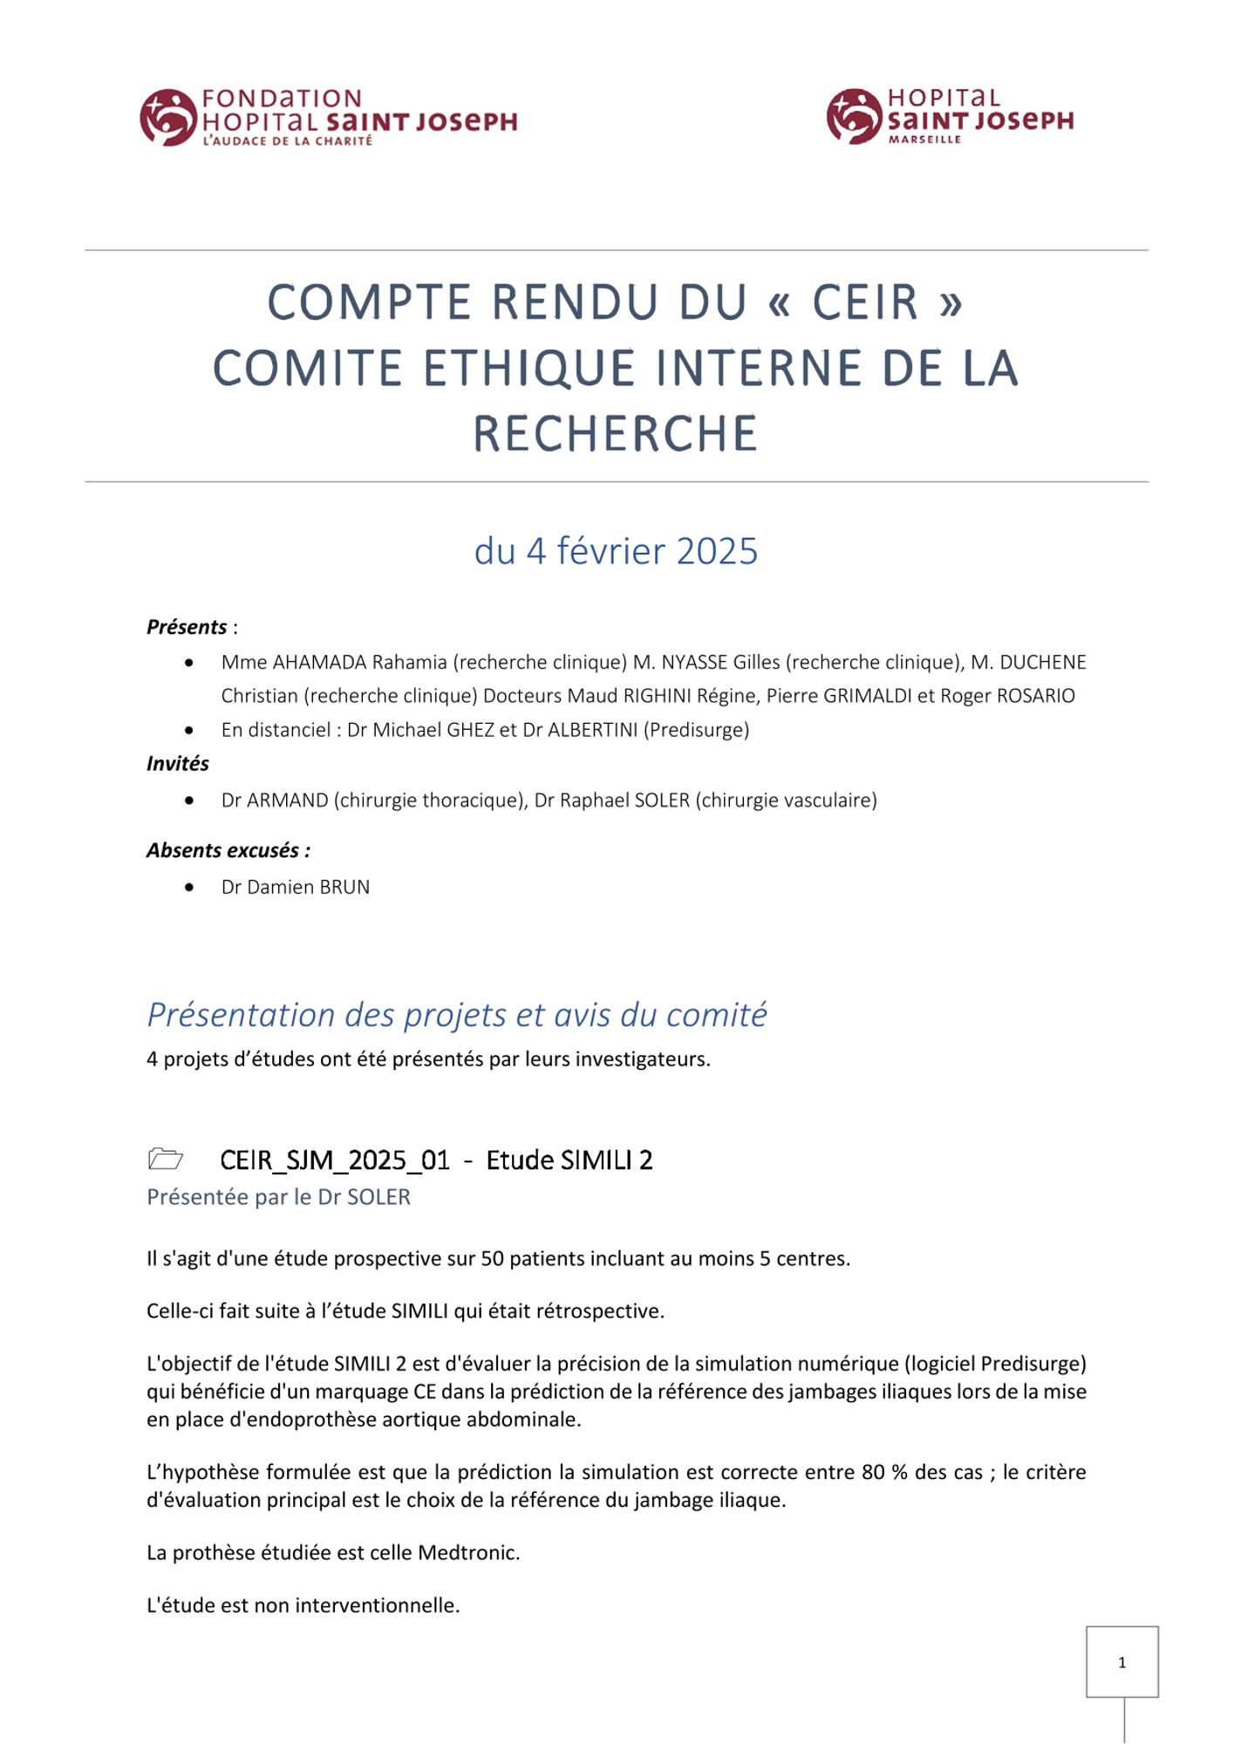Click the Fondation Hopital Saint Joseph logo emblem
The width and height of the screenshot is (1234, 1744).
pyautogui.click(x=167, y=117)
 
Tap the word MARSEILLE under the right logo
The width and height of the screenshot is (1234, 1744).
pyautogui.click(x=924, y=140)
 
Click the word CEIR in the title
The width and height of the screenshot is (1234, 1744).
pyautogui.click(x=865, y=303)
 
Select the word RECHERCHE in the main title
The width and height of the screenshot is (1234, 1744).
pyautogui.click(x=616, y=433)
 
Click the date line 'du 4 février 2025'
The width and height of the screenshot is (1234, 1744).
pyautogui.click(x=616, y=551)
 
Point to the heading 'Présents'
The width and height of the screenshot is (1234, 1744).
pyautogui.click(x=187, y=627)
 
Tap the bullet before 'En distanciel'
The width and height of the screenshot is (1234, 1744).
pyautogui.click(x=189, y=730)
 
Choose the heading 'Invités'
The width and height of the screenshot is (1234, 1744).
pyautogui.click(x=178, y=764)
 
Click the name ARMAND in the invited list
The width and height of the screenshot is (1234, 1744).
pyautogui.click(x=288, y=800)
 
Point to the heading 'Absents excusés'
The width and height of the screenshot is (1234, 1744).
pyautogui.click(x=228, y=850)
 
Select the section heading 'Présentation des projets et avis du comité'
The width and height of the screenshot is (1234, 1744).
pyautogui.click(x=457, y=1015)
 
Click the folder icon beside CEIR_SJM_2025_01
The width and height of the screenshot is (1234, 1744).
pyautogui.click(x=166, y=1159)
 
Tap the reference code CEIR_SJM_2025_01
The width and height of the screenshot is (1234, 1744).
pyautogui.click(x=335, y=1161)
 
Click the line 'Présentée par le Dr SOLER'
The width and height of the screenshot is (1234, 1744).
pyautogui.click(x=278, y=1197)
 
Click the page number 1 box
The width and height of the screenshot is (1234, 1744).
pyautogui.click(x=1122, y=1662)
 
